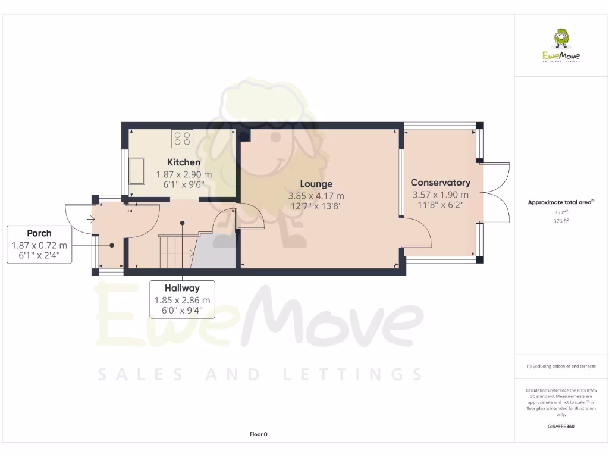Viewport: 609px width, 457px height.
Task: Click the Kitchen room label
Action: pos(183,162)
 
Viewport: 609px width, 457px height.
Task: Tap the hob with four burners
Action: pos(183,139)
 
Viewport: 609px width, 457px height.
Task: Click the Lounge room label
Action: pos(316,184)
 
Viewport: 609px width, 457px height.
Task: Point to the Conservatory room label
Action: pos(440,183)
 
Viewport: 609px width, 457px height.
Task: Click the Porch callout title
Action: pos(39,233)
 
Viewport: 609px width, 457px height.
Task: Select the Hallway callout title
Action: pos(182,288)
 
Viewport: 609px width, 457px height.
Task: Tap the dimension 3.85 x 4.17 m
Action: pos(316,196)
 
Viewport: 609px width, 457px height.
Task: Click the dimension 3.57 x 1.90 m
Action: pos(440,195)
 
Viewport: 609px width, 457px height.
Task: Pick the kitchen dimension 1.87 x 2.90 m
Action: pos(183,174)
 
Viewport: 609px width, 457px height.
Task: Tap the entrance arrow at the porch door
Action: pos(91,219)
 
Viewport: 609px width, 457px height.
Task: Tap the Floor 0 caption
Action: pos(258,434)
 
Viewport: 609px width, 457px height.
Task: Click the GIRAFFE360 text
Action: pos(561,426)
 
